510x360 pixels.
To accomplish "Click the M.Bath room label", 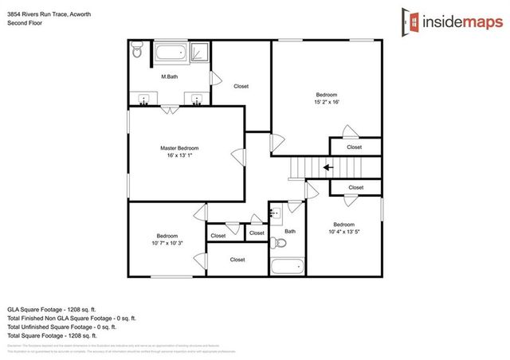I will [169, 76].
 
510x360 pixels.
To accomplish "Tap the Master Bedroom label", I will [178, 148].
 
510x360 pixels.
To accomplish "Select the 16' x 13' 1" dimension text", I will [178, 156].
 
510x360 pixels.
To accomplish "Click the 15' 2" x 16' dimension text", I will [327, 102].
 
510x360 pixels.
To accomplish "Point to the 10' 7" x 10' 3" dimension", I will [167, 243].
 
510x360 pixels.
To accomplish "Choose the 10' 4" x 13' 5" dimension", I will [343, 232].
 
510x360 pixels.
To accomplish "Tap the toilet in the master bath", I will [136, 53].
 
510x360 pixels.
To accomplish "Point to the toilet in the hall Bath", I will [278, 243].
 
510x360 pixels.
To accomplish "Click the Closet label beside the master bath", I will [241, 86].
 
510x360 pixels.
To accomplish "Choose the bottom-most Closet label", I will [237, 260].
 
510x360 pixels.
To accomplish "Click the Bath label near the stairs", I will [290, 231].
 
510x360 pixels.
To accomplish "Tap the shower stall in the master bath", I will [201, 53].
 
